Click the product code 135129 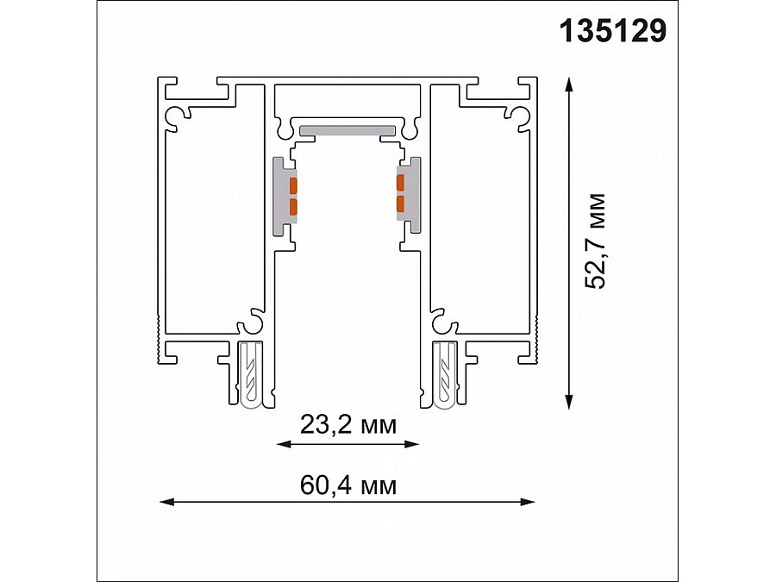click(x=613, y=31)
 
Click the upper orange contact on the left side click(x=293, y=185)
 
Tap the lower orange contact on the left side click(x=293, y=205)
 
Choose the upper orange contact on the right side click(x=400, y=183)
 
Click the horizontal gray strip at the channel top click(x=347, y=130)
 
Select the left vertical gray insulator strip click(x=280, y=195)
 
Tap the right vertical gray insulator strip click(x=415, y=195)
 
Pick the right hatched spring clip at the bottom click(x=447, y=374)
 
